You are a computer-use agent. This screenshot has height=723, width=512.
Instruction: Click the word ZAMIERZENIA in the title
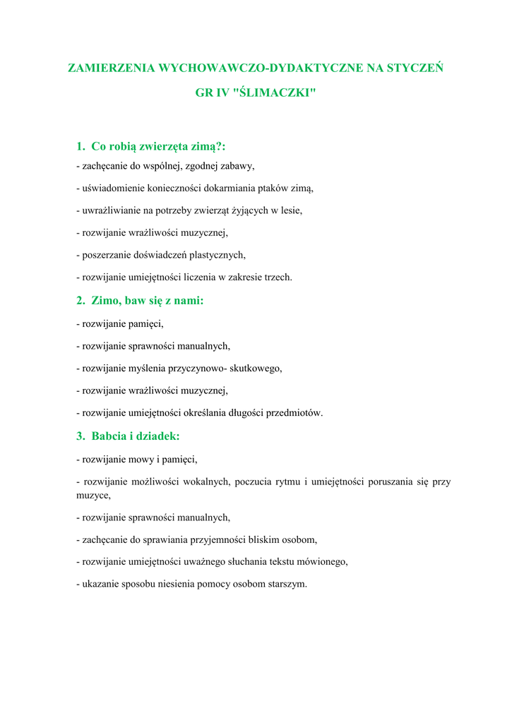tap(112, 69)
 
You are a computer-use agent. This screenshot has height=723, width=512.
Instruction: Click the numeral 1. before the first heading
tap(81, 147)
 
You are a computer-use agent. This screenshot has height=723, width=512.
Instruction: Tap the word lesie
tap(287, 210)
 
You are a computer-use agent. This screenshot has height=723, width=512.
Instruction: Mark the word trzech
tap(278, 277)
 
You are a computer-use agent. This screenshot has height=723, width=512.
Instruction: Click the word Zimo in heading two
tap(105, 301)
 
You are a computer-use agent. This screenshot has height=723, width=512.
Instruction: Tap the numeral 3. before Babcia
tap(81, 436)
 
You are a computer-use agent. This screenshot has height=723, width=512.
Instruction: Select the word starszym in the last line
tap(285, 585)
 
